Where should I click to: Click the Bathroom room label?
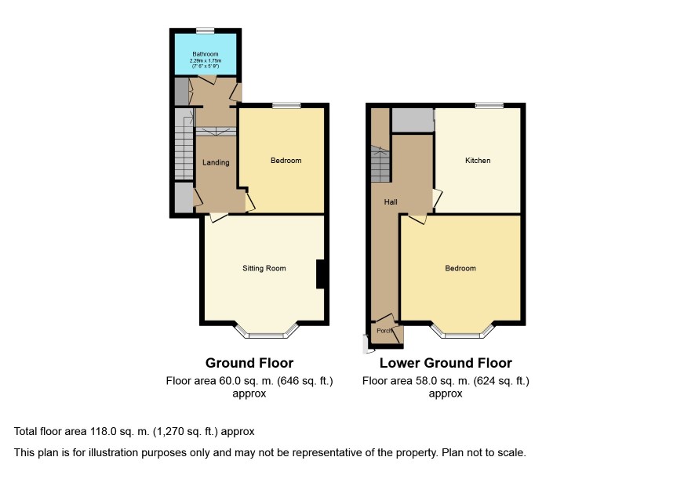click(x=206, y=54)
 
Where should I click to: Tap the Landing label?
click(x=216, y=162)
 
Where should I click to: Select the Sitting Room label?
click(x=264, y=268)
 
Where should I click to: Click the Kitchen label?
click(x=478, y=161)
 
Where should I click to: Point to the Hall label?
click(x=391, y=202)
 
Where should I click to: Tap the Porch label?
click(x=384, y=331)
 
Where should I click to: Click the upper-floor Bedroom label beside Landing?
click(x=286, y=161)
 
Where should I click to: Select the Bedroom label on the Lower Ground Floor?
click(x=460, y=268)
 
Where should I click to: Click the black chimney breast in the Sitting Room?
click(x=320, y=274)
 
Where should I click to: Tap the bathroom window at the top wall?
click(x=206, y=31)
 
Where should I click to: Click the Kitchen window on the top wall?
click(x=489, y=106)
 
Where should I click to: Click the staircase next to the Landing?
click(x=184, y=144)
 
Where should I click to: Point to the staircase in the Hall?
click(x=380, y=164)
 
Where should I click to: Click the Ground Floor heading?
click(x=249, y=363)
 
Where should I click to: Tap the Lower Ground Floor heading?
click(x=446, y=363)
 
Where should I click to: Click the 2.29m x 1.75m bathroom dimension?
click(x=206, y=60)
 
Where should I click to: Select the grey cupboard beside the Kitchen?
click(x=412, y=120)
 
